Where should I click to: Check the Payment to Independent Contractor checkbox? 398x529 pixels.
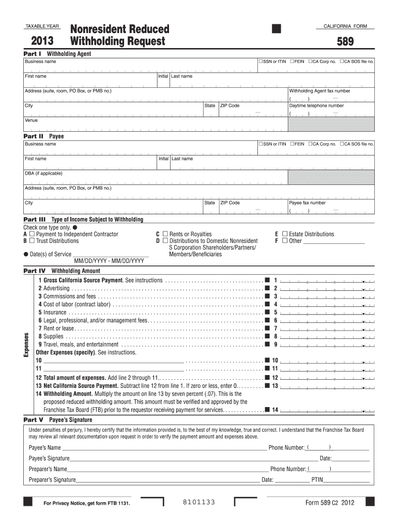(x=32, y=234)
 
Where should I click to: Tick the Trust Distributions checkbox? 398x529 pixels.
(x=32, y=241)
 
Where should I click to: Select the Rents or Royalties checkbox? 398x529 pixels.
(x=165, y=234)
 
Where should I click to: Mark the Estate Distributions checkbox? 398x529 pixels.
(x=284, y=234)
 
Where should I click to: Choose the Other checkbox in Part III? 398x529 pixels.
(x=284, y=241)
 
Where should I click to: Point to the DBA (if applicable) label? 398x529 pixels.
(x=43, y=174)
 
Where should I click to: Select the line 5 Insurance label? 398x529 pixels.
(x=52, y=312)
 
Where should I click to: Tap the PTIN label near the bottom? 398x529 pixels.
(x=317, y=480)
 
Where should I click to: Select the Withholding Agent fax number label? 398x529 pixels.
(x=319, y=91)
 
